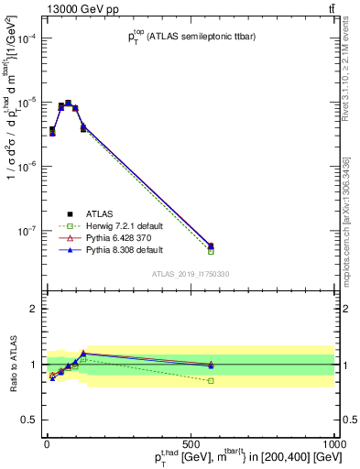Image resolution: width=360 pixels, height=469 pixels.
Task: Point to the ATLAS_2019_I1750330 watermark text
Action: tap(190, 273)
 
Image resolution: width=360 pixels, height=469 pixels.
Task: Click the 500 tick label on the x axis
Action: tap(191, 443)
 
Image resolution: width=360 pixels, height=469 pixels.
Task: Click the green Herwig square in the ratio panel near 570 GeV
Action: tap(212, 380)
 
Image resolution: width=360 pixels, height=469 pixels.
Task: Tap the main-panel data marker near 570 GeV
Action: tap(212, 245)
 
